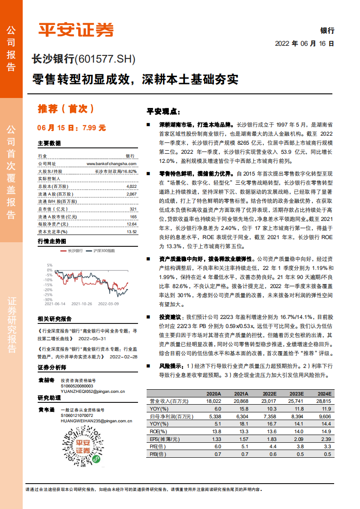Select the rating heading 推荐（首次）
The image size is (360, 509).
pyautogui.click(x=66, y=109)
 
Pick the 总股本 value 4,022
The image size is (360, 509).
pyautogui.click(x=131, y=186)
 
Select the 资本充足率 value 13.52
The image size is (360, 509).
pyautogui.click(x=131, y=231)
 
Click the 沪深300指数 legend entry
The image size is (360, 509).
pyautogui.click(x=104, y=250)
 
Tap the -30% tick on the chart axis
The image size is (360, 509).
pyautogui.click(x=48, y=299)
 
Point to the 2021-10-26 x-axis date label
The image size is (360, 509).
pyautogui.click(x=82, y=303)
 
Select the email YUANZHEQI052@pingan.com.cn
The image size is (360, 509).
pyautogui.click(x=93, y=391)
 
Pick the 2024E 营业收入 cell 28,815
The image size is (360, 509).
pyautogui.click(x=323, y=401)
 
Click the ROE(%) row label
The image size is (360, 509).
pyautogui.click(x=159, y=431)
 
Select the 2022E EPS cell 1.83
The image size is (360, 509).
pyautogui.click(x=268, y=439)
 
